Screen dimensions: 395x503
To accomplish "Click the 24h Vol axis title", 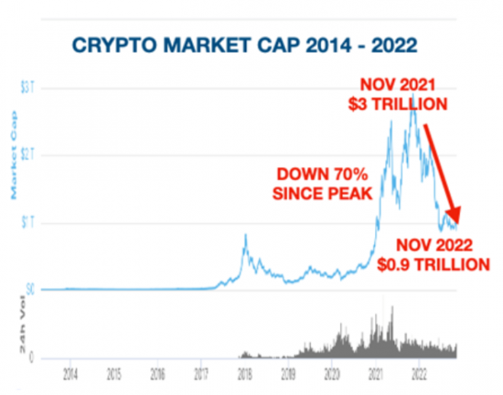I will [13, 336].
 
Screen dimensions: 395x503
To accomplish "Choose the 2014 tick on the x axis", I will [70, 375].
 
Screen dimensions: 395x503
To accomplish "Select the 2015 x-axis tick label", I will [114, 375].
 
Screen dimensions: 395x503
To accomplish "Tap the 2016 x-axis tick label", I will [157, 375].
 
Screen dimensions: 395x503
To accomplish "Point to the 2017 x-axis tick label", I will [200, 375].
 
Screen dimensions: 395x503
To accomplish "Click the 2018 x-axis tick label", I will [244, 375].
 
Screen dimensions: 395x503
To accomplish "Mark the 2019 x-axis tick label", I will [288, 375].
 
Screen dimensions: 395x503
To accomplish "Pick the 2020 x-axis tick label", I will [332, 375].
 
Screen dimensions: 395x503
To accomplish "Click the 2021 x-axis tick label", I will [375, 375].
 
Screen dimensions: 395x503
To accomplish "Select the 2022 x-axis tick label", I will [418, 375].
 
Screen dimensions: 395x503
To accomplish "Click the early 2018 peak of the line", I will [245, 236].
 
